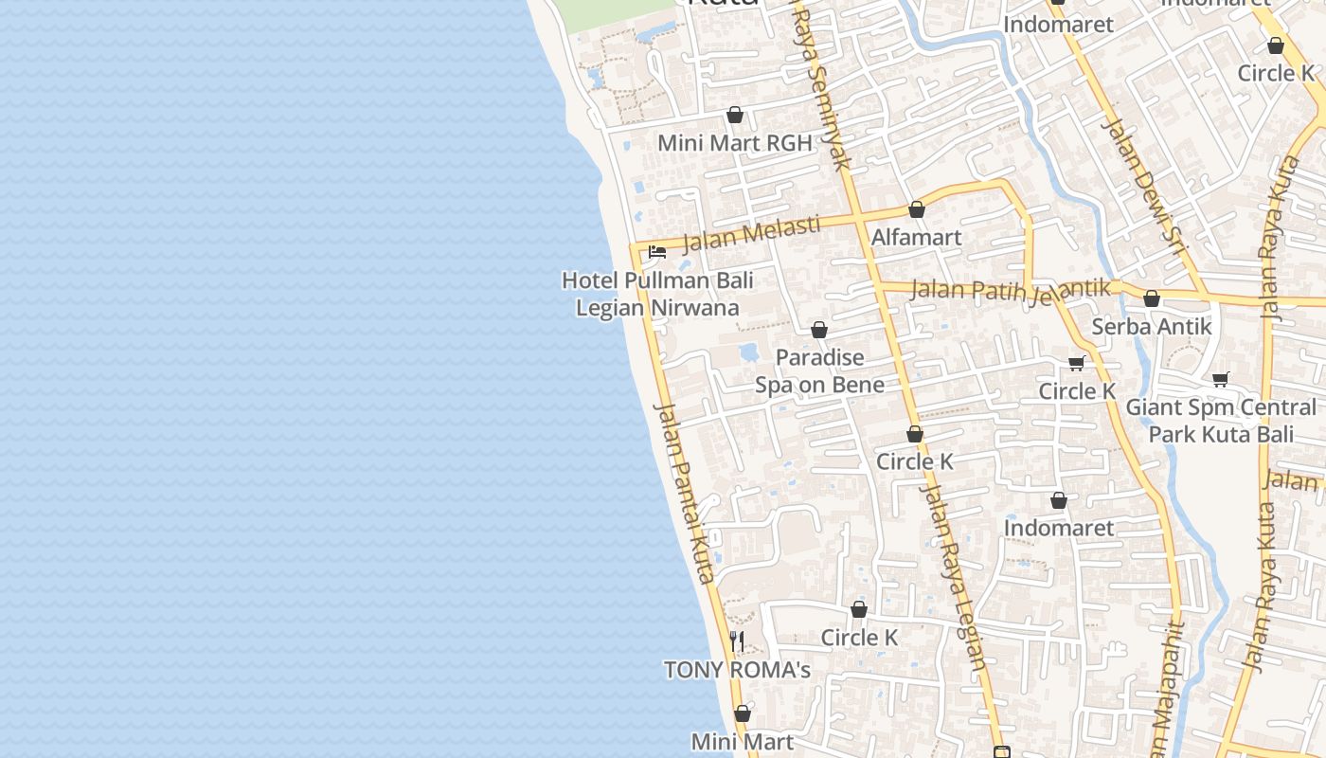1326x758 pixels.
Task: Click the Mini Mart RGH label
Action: [735, 143]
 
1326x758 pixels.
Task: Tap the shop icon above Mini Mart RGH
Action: [735, 116]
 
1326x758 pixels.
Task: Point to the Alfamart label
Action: [916, 237]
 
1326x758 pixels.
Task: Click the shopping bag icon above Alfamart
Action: [916, 209]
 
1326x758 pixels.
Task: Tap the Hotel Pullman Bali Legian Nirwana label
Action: [657, 294]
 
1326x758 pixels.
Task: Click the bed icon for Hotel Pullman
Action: [657, 252]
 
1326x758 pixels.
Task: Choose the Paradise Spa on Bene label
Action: [819, 370]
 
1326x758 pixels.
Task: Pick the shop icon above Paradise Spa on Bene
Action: [819, 330]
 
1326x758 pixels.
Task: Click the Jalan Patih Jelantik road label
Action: [1010, 290]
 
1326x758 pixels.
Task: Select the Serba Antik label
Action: [1152, 326]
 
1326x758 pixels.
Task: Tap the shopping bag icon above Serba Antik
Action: [1152, 298]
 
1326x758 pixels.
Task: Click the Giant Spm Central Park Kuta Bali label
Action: [1221, 421]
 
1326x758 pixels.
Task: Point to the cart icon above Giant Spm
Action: [1221, 379]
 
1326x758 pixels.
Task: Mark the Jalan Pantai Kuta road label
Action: [684, 492]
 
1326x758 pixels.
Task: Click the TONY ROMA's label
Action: [737, 670]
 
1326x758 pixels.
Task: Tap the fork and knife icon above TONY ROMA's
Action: [737, 641]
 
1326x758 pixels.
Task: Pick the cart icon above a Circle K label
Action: [1077, 363]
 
